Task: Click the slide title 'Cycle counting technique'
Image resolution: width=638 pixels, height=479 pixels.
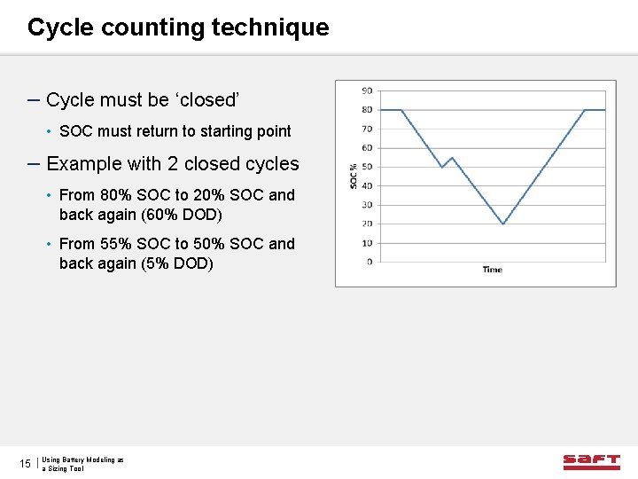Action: [177, 27]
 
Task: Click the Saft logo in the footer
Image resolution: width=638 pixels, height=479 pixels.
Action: [591, 461]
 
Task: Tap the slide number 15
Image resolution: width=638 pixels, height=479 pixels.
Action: [25, 464]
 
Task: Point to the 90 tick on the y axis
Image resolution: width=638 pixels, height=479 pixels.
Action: [367, 90]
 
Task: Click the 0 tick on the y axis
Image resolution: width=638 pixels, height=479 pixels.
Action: [369, 262]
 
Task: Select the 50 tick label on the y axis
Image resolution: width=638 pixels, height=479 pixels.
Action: [367, 167]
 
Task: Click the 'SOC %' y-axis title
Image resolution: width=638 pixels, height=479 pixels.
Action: [354, 175]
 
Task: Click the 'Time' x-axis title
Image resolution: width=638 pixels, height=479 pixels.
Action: [492, 270]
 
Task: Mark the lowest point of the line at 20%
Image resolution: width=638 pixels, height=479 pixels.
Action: [502, 224]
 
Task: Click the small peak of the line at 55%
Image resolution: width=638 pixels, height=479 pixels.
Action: [452, 158]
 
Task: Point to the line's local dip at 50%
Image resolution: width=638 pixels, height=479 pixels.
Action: [442, 168]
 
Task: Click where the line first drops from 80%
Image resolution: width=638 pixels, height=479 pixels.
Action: [401, 110]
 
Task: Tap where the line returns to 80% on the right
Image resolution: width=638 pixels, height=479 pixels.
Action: [585, 110]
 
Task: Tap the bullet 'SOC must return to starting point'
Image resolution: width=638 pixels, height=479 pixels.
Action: [175, 131]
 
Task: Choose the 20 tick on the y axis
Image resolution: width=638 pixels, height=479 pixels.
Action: [367, 224]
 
